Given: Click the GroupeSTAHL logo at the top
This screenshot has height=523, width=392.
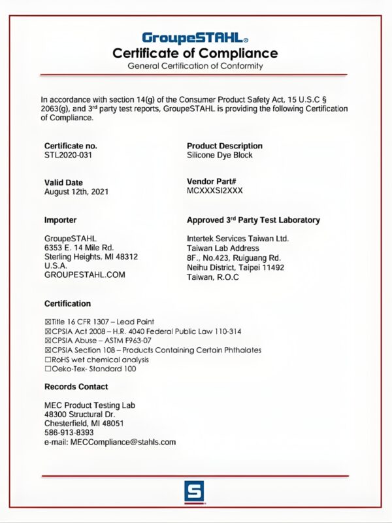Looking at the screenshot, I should click(195, 38).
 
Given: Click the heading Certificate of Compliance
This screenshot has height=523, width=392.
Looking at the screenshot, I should click(195, 53).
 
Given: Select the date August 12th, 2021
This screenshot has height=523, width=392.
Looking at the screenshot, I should click(76, 192).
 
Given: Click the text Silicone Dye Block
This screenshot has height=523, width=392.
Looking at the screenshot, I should click(220, 155).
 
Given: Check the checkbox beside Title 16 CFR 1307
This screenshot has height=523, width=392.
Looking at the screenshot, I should click(47, 322).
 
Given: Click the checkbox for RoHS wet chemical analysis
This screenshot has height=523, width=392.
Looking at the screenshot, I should click(47, 360).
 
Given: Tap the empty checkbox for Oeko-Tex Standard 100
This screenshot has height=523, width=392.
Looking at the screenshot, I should click(47, 369).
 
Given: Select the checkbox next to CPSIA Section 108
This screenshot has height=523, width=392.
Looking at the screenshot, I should click(47, 350).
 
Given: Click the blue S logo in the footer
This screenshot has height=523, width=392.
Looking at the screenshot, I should click(194, 491).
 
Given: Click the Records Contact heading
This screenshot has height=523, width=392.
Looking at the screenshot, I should click(76, 386).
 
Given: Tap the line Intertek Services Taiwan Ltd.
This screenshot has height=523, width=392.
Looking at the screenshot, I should click(238, 238).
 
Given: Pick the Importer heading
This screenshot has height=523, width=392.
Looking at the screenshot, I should click(60, 220).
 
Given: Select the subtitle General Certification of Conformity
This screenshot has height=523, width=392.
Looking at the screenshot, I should click(195, 66).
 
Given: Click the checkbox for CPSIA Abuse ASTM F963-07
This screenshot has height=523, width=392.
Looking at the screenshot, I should click(47, 341).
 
